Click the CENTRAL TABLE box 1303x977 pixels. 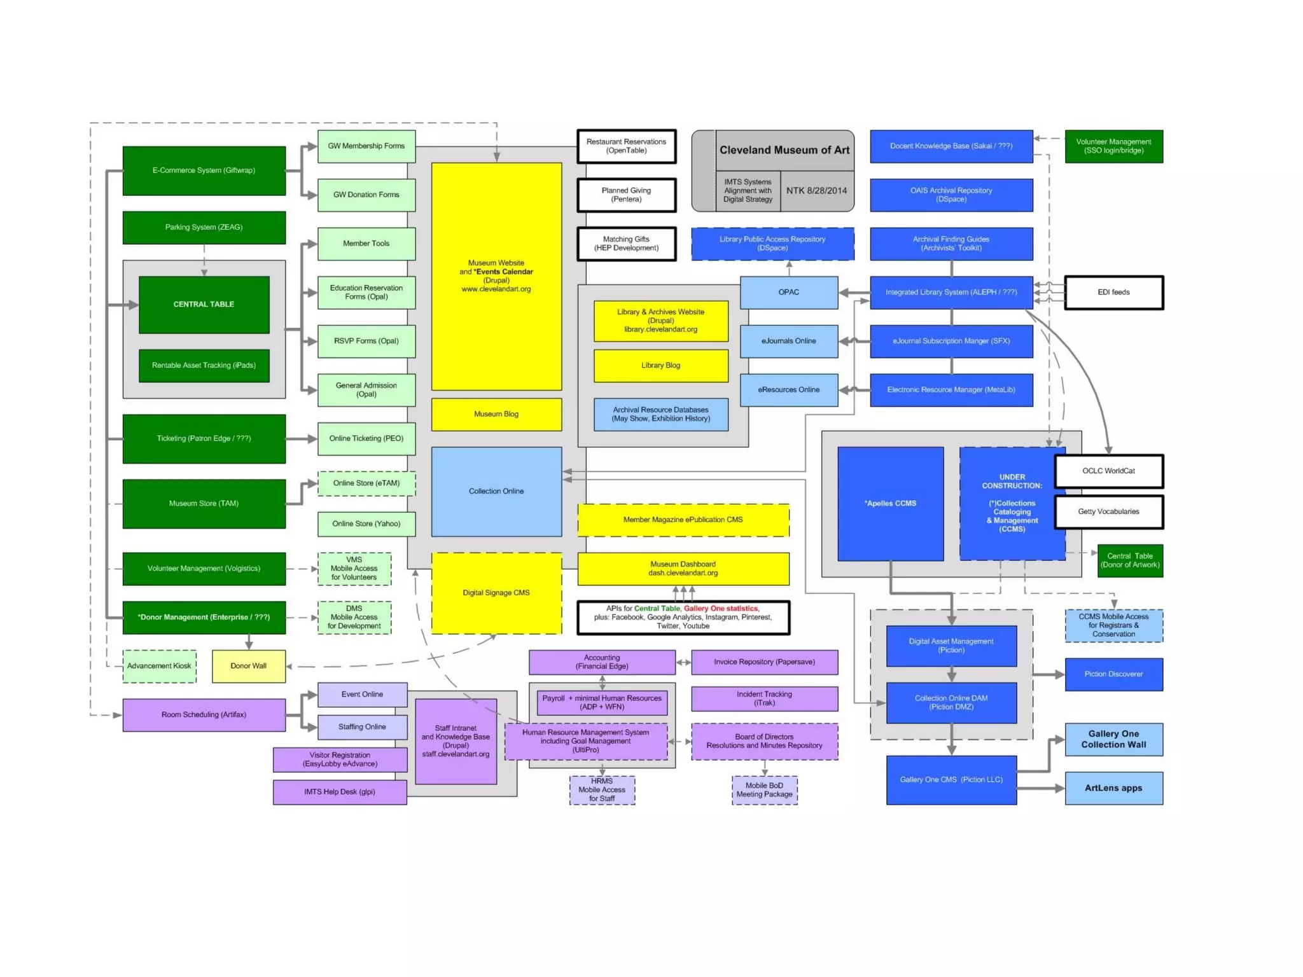point(204,305)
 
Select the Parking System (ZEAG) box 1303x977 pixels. point(204,228)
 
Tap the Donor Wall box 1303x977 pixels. point(248,666)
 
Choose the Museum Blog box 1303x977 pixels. point(496,414)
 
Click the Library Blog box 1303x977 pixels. point(660,366)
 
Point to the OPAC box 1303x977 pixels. point(788,293)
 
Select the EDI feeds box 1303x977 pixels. point(1113,293)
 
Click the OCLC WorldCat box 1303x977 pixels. point(1108,471)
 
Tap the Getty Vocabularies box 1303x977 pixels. point(1108,512)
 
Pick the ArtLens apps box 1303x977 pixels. point(1113,788)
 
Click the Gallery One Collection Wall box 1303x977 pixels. point(1113,739)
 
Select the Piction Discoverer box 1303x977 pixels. point(1113,674)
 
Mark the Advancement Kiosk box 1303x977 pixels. point(159,666)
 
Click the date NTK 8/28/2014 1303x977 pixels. point(816,191)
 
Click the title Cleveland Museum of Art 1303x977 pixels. point(784,150)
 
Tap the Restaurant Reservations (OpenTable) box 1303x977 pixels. point(626,146)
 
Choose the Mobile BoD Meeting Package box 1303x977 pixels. point(764,790)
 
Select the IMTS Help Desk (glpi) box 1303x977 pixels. point(340,792)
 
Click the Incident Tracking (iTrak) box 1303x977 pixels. point(764,698)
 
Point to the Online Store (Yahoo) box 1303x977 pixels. point(366,524)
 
